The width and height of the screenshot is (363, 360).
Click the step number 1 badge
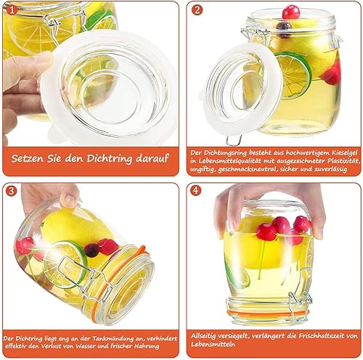click(x=12, y=10)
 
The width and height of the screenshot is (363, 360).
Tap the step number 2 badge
click(x=197, y=10)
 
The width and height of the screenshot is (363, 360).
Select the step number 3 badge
click(x=12, y=191)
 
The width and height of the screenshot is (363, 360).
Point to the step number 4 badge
click(x=195, y=190)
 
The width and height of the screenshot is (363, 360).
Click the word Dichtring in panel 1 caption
click(x=110, y=159)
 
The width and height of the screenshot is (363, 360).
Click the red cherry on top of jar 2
click(x=291, y=12)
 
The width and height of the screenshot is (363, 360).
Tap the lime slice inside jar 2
click(x=294, y=75)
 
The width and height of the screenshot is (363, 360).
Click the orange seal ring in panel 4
click(x=266, y=314)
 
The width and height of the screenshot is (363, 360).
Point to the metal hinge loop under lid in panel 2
click(x=234, y=140)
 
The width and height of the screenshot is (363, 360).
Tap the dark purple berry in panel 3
click(x=91, y=250)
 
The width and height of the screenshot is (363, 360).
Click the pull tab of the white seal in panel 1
click(x=54, y=134)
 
